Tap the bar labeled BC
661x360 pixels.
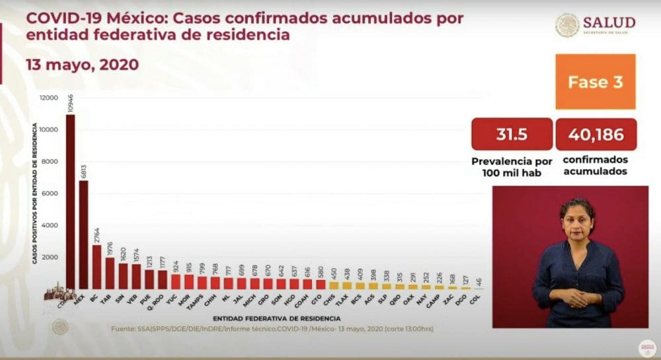[97, 267]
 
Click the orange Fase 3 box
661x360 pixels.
[595, 82]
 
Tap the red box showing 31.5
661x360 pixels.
[512, 135]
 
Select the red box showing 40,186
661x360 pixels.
[596, 135]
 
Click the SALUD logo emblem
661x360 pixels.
[567, 26]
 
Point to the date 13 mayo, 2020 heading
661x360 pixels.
[83, 65]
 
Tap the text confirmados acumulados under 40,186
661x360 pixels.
[596, 166]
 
